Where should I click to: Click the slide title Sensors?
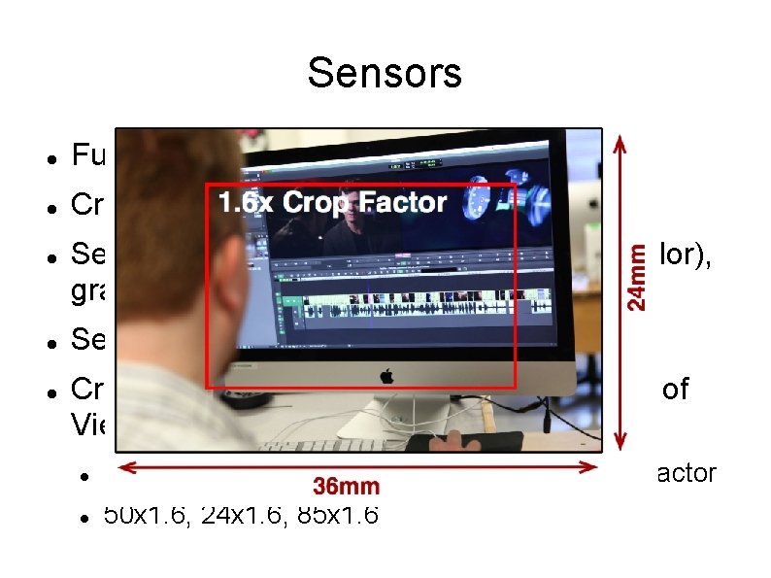tap(385, 73)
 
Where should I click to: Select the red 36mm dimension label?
tap(347, 486)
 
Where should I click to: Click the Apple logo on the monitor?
tap(385, 376)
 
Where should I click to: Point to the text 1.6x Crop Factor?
tap(332, 204)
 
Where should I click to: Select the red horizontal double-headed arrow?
tap(359, 467)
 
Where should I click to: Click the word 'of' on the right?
tap(675, 391)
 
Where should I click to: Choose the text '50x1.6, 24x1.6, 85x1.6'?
tap(240, 515)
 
